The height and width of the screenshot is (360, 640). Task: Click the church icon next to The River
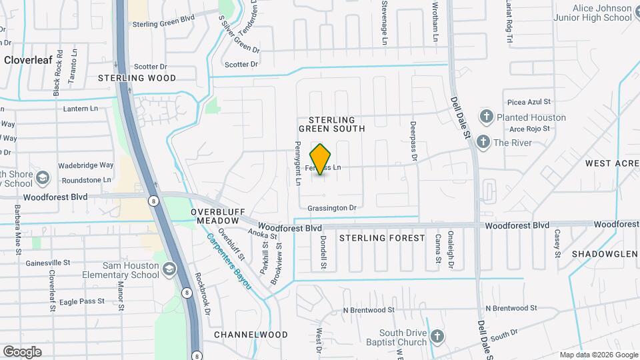(482, 141)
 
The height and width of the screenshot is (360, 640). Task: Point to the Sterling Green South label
(331, 124)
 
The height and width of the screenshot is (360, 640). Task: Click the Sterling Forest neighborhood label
(382, 238)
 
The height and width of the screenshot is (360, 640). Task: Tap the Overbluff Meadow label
(215, 215)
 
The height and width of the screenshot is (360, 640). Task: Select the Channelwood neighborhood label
(251, 335)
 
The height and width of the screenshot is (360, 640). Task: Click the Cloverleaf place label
(29, 59)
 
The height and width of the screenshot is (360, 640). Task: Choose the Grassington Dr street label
(332, 208)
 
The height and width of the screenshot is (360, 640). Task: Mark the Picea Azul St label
(529, 102)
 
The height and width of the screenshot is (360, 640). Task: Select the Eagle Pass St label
(82, 301)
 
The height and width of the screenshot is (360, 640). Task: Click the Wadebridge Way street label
(86, 165)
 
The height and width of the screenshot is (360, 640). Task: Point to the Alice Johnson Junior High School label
(592, 13)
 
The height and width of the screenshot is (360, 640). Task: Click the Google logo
(22, 352)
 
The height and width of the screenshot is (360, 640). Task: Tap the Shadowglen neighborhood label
(605, 254)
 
